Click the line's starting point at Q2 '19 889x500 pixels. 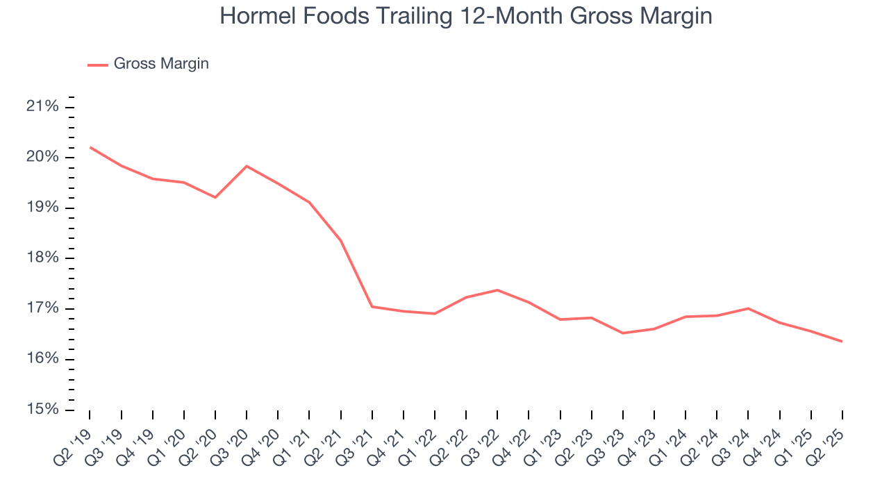90,147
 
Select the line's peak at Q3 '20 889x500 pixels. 247,166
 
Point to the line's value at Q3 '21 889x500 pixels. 372,306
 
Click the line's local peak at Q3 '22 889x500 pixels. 497,290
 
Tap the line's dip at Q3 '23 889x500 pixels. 623,333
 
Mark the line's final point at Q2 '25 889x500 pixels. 842,341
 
